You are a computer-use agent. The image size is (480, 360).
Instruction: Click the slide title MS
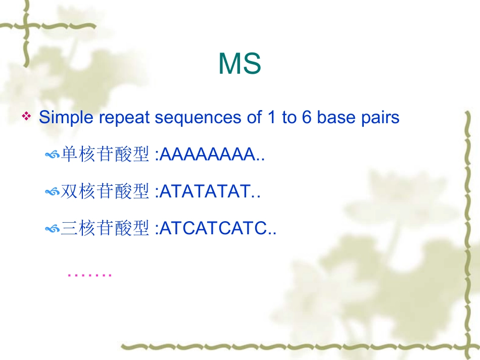[239, 64]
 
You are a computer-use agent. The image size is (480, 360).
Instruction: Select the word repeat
[126, 118]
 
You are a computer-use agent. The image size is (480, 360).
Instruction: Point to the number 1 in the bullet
[267, 118]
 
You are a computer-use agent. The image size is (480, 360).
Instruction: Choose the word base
[337, 118]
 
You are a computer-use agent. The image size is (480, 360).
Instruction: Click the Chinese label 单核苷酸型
[105, 155]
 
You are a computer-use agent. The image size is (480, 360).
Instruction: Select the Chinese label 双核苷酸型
[105, 192]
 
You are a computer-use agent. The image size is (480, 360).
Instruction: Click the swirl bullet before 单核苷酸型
[52, 156]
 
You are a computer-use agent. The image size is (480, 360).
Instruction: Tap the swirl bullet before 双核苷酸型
[52, 193]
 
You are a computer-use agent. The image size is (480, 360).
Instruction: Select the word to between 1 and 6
[289, 118]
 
